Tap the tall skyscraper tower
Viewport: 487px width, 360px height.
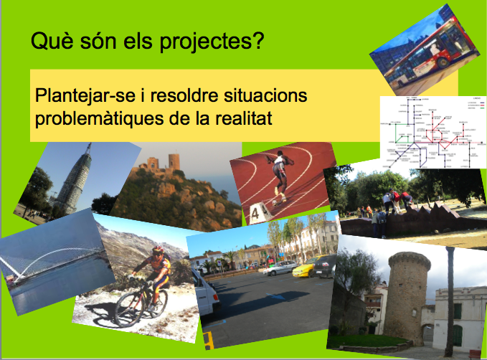(75, 179)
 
